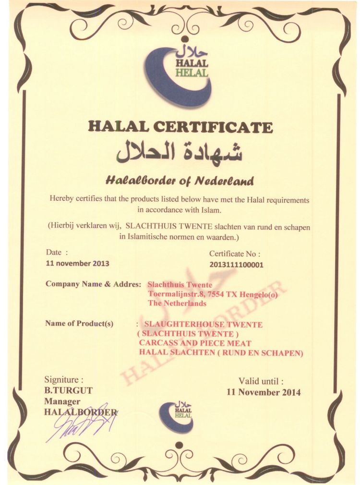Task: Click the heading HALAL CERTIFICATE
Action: (180, 127)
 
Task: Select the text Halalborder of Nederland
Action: (180, 181)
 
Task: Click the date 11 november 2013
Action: (77, 263)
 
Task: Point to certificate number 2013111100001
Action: (237, 264)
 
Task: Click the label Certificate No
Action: (235, 254)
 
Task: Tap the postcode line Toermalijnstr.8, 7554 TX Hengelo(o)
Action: (213, 294)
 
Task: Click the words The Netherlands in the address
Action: (177, 303)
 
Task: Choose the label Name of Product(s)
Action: (79, 323)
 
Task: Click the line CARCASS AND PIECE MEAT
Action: (195, 343)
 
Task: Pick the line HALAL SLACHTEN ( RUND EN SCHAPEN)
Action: (221, 353)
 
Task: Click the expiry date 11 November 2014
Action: (264, 392)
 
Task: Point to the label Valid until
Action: (261, 381)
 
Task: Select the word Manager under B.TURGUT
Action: (62, 401)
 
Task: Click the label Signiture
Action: (64, 380)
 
